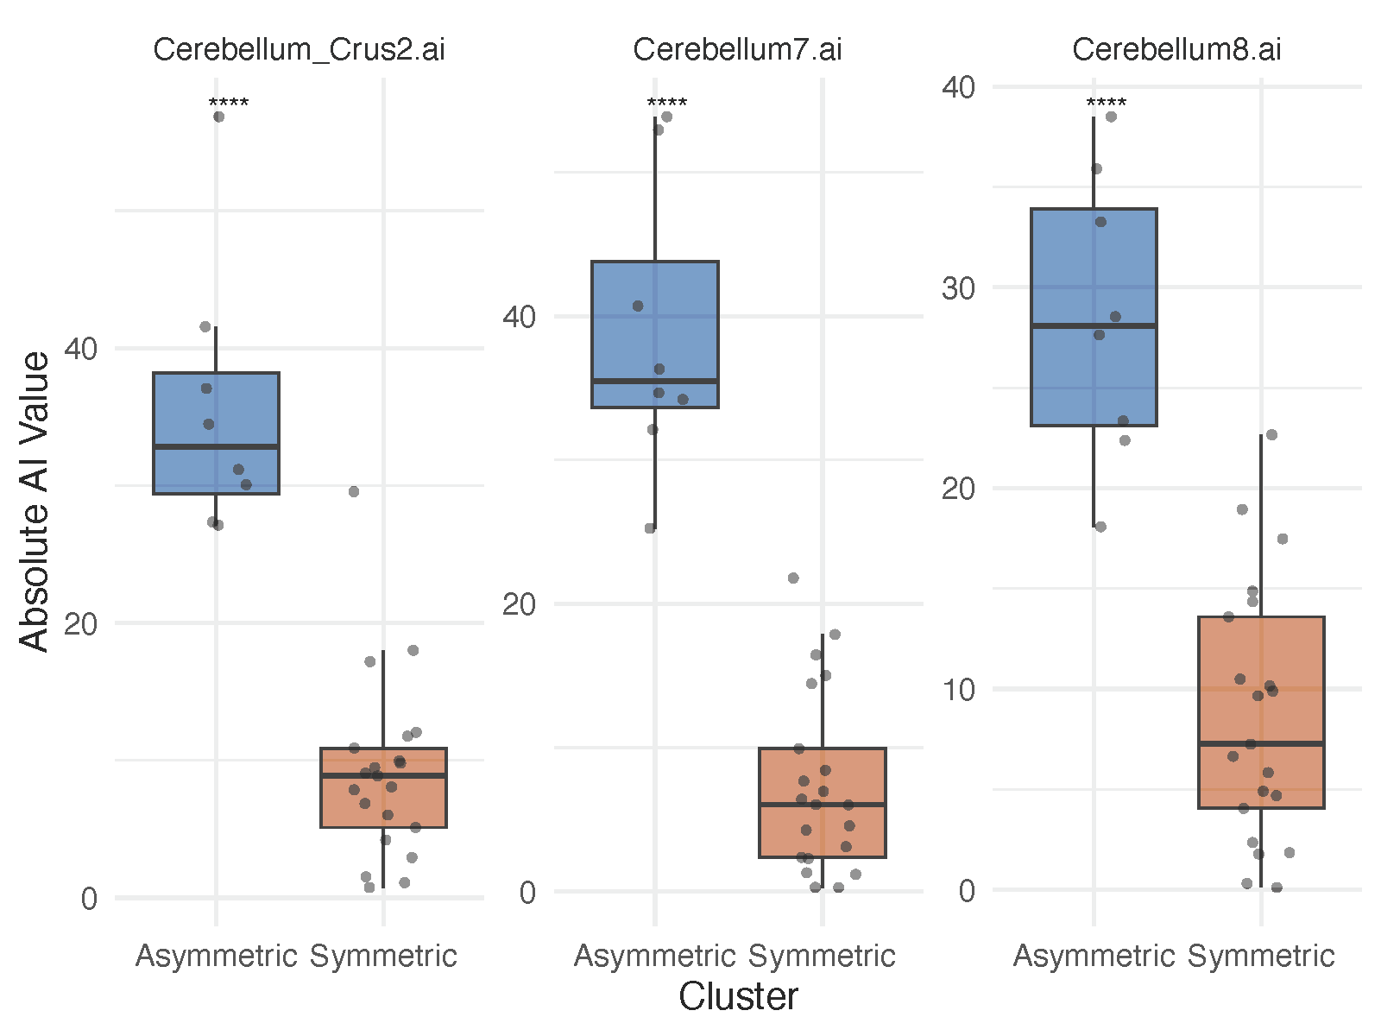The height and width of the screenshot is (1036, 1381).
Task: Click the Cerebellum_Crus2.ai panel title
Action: (299, 50)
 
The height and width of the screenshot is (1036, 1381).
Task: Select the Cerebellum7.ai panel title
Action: (737, 50)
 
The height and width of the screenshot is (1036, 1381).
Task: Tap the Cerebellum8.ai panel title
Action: (1176, 50)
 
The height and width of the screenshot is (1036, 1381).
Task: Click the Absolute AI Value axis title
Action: (35, 501)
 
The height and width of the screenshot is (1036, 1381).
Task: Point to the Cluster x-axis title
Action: (738, 997)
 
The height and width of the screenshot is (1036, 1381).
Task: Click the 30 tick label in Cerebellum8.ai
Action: (958, 287)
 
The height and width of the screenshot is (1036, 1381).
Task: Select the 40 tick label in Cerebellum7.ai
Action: (519, 317)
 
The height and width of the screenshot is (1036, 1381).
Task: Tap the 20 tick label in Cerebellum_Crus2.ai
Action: (80, 623)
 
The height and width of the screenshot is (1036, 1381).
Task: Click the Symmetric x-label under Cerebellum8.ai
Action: (1261, 957)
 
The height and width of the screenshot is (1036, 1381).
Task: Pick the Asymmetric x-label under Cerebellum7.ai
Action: (655, 957)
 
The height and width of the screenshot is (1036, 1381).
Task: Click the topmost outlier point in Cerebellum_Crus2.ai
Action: (219, 117)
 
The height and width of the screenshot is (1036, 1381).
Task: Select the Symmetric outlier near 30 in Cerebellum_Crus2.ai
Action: (353, 491)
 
